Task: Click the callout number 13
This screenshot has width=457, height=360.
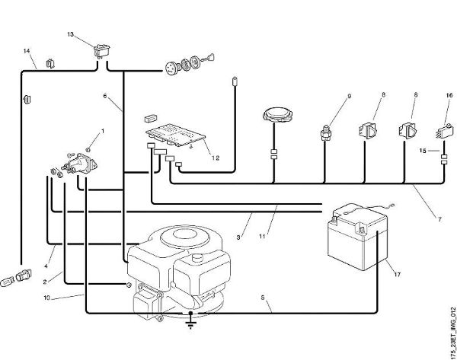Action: pos(70,35)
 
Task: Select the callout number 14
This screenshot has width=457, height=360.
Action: pos(27,51)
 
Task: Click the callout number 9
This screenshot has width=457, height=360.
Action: pos(350,96)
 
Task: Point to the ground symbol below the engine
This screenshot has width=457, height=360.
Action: pos(190,325)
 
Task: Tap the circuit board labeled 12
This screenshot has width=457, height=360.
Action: pos(177,138)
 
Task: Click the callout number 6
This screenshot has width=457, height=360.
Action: pos(106,97)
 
